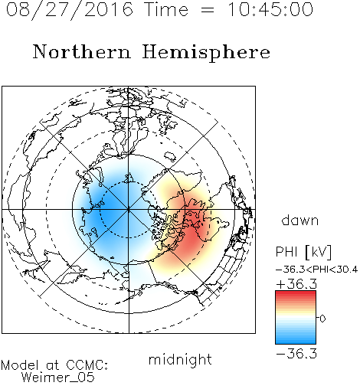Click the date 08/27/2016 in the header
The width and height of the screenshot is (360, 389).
coord(70,10)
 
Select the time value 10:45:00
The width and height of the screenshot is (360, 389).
coord(270,10)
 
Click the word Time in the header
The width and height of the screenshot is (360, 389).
coord(166,10)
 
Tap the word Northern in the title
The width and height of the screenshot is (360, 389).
coord(82,51)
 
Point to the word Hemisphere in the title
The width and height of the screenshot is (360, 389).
coord(206,53)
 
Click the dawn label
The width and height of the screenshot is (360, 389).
coord(300,221)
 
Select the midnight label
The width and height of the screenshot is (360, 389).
coord(180,360)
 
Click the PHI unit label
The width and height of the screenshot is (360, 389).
coord(286,252)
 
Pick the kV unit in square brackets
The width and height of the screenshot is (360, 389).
coord(319,252)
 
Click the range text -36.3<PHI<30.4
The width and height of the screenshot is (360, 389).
coord(317,270)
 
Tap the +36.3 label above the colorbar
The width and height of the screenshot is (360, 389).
coord(296,284)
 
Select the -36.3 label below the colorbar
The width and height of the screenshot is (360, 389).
coord(296,354)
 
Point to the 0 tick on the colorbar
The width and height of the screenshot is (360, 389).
coord(322,319)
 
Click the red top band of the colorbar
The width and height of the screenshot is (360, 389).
coord(296,293)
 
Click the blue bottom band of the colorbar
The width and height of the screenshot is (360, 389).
coord(296,341)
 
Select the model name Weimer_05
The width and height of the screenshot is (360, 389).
coord(58,378)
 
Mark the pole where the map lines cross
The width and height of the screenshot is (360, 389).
coord(129,210)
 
